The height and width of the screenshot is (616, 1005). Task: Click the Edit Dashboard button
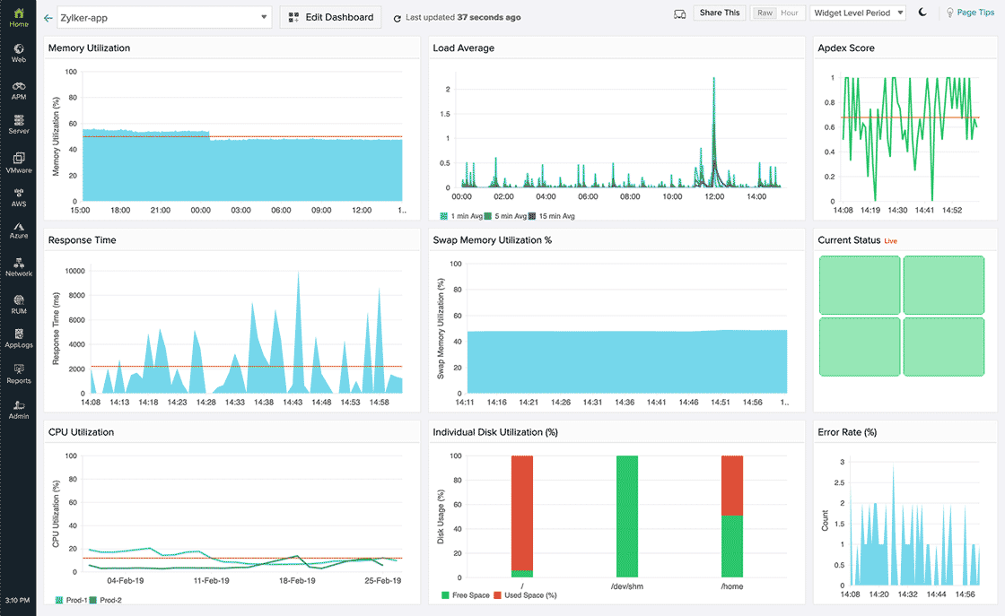[x=330, y=17]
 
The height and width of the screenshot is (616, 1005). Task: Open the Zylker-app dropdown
[x=163, y=17]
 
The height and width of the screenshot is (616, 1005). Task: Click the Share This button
[x=720, y=13]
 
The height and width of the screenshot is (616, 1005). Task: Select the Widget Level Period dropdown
[x=857, y=13]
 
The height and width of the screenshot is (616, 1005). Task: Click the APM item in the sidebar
[x=18, y=90]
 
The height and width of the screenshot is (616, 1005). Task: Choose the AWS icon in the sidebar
[x=18, y=196]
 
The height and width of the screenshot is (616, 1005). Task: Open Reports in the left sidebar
[x=18, y=373]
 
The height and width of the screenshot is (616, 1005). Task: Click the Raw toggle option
[x=765, y=13]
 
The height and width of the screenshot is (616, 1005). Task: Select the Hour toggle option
[x=790, y=13]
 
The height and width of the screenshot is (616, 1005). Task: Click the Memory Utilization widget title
[x=89, y=48]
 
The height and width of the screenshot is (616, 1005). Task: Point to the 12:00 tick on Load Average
[x=714, y=196]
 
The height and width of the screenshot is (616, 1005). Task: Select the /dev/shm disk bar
[x=626, y=516]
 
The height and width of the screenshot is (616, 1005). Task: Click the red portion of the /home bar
[x=731, y=485]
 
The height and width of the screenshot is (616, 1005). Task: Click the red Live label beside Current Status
[x=891, y=241]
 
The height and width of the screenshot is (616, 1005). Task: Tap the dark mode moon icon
[x=922, y=13]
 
